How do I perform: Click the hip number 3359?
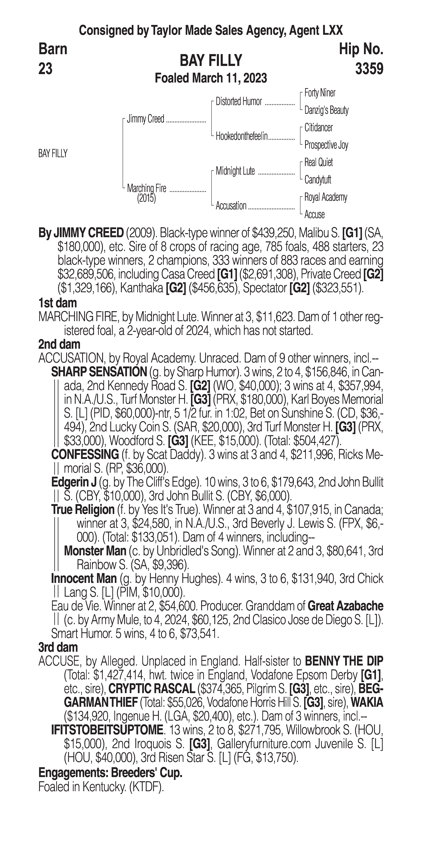pyautogui.click(x=369, y=69)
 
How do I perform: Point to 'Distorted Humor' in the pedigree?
pyautogui.click(x=239, y=102)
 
